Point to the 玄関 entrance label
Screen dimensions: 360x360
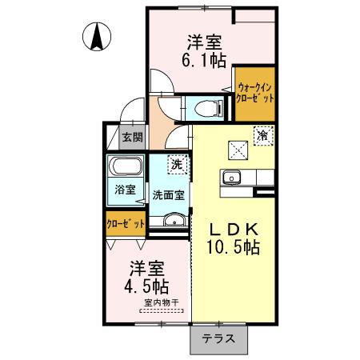pos(133,136)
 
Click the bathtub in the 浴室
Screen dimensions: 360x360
pos(126,170)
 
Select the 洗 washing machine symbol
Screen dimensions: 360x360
pos(176,164)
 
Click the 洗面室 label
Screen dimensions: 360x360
pos(169,193)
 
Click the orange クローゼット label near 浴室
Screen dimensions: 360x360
pos(126,224)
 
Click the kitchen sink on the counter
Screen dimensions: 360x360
pos(233,177)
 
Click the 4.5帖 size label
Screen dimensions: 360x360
pos(145,285)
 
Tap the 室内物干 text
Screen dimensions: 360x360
pos(162,302)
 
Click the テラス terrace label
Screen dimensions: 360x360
pos(218,338)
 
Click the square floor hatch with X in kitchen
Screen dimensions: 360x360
pos(238,150)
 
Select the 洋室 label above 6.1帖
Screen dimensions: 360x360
pos(205,42)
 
